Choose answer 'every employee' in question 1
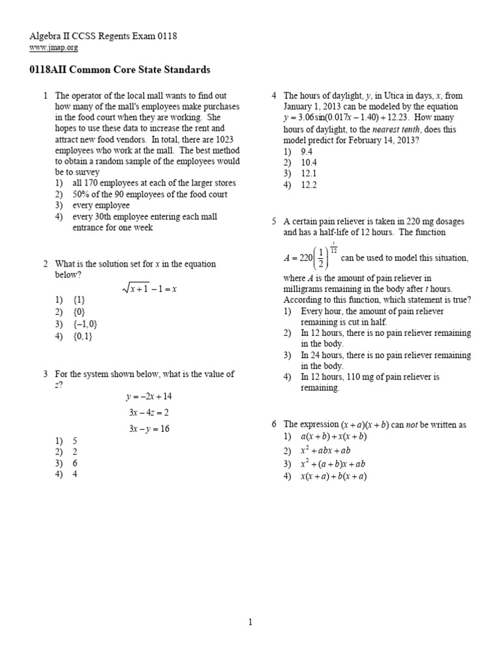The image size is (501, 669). [101, 205]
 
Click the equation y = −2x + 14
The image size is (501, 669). [149, 397]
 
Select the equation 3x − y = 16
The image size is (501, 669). [148, 429]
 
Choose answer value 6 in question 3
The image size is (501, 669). [75, 463]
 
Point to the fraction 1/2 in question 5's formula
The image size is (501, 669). [317, 258]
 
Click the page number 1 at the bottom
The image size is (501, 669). [250, 623]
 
